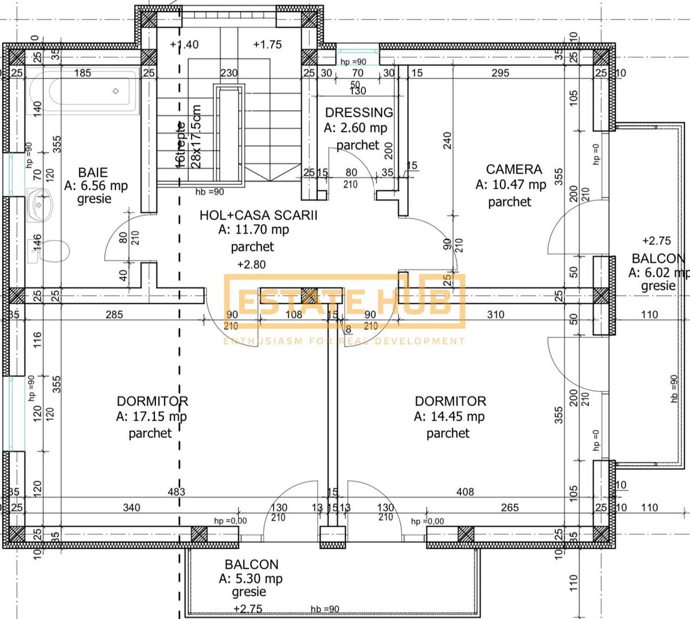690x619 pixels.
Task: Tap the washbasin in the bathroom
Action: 39,205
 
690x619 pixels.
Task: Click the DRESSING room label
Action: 359,112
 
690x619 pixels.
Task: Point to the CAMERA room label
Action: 514,169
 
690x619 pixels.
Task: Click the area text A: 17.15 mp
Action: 151,417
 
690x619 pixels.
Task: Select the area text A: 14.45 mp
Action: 449,417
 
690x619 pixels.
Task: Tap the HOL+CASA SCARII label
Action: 258,216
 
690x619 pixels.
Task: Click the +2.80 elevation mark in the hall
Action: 251,264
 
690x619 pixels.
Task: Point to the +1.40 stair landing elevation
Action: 185,45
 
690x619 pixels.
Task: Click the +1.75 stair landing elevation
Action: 267,45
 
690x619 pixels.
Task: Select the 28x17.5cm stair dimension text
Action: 197,136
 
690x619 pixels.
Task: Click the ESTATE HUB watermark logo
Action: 344,303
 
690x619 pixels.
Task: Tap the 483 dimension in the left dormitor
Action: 176,492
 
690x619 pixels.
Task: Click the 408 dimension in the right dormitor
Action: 465,492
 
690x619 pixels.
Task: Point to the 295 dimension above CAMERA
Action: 500,73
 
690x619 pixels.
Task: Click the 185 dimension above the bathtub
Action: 83,73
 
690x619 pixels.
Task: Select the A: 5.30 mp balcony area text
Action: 251,579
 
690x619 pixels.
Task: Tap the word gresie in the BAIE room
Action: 94,199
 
